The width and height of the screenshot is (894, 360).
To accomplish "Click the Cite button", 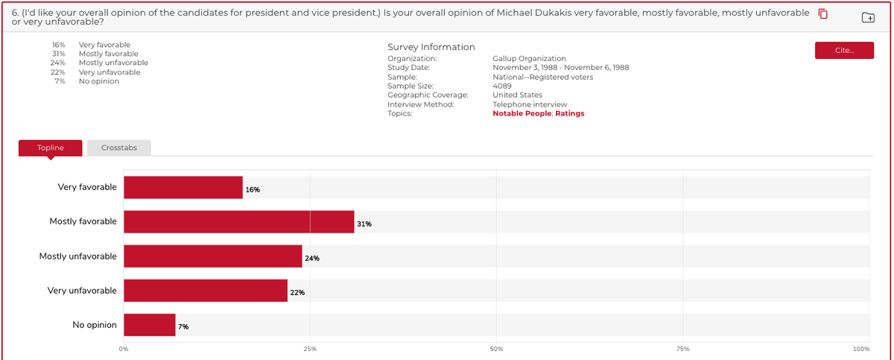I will tap(844, 50).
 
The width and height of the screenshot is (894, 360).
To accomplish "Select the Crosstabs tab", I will tap(118, 148).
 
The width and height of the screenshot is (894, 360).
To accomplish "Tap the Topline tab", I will tap(51, 148).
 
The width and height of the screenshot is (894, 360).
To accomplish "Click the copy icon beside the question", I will tap(823, 14).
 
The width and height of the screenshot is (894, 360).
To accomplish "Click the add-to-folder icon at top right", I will tap(868, 17).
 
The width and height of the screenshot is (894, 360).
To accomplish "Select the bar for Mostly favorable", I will tap(238, 222).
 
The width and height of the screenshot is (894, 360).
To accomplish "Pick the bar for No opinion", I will tap(150, 325).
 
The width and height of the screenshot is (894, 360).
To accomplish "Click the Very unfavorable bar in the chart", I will tap(206, 291).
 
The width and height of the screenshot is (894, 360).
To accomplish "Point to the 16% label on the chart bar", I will tap(253, 190).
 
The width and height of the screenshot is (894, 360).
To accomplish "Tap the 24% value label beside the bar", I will tap(312, 259).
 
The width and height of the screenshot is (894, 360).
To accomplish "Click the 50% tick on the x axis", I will tap(496, 349).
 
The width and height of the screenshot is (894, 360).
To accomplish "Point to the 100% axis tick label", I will tap(861, 349).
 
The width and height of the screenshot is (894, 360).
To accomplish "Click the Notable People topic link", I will tap(521, 113).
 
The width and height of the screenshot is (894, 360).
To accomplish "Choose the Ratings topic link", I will tap(570, 113).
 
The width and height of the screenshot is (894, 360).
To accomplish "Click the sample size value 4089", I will tap(502, 86).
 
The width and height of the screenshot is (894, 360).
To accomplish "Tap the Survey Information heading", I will tap(431, 47).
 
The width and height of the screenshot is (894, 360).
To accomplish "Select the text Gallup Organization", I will tap(529, 58).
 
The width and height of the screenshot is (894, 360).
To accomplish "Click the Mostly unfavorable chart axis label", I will tap(78, 256).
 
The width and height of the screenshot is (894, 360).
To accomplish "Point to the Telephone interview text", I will tap(530, 104).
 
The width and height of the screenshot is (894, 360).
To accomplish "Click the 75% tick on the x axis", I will tap(682, 349).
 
